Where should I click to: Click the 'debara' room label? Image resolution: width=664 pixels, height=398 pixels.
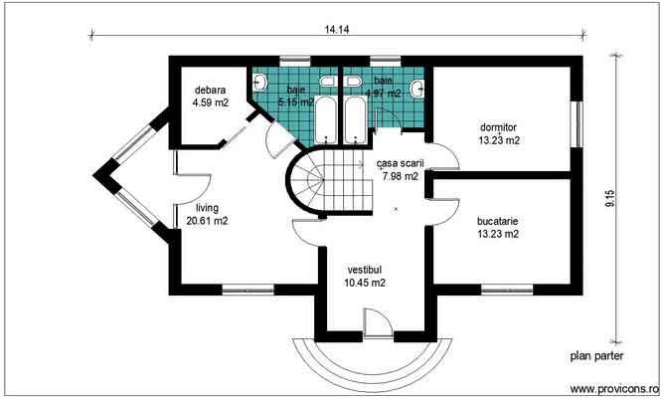click(209, 89)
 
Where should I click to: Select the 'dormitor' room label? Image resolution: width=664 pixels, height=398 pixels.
click(499, 127)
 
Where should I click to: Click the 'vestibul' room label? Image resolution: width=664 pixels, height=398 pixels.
click(364, 270)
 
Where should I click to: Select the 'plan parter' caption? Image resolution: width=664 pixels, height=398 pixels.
click(597, 355)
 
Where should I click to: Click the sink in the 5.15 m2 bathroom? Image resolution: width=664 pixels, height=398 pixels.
click(327, 79)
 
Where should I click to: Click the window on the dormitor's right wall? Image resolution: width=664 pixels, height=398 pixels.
click(575, 127)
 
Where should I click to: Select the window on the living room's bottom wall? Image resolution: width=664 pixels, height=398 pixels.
click(247, 291)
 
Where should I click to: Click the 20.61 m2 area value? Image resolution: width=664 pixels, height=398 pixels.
click(207, 222)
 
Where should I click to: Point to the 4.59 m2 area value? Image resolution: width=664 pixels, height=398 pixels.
click(211, 100)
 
